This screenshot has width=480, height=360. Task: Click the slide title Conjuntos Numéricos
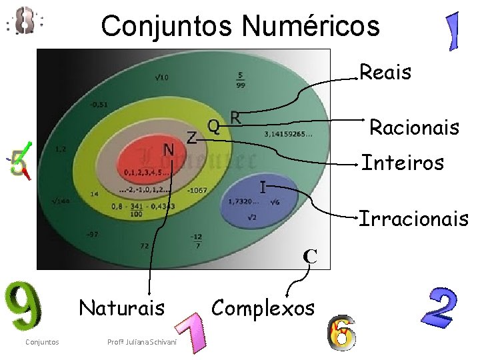click(x=240, y=26)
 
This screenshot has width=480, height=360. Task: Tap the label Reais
click(x=385, y=72)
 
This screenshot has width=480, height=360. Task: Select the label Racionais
click(x=414, y=127)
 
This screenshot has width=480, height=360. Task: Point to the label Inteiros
click(x=402, y=162)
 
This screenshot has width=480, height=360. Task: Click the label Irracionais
click(x=413, y=218)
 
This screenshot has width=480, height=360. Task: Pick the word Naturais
click(x=121, y=308)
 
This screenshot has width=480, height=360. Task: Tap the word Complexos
click(x=263, y=308)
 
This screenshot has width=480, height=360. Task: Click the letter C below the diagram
click(x=309, y=255)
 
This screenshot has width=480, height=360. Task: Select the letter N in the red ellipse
click(x=169, y=149)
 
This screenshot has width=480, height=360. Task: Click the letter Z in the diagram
click(x=191, y=138)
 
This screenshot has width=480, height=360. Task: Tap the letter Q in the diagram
click(x=213, y=125)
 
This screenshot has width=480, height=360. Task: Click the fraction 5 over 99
click(x=240, y=79)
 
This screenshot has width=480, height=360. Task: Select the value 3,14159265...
click(x=287, y=134)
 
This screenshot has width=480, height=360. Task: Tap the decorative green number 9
click(x=23, y=309)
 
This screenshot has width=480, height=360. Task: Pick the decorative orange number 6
click(x=342, y=333)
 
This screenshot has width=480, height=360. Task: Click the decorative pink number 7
click(x=190, y=333)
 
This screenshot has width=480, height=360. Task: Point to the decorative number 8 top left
click(x=25, y=21)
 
